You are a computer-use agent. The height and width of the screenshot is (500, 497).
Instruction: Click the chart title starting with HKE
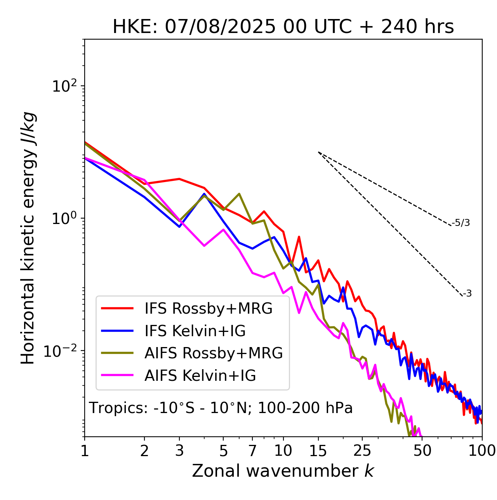pyautogui.click(x=283, y=27)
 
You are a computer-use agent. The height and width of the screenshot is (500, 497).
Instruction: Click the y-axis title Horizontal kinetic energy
pyautogui.click(x=28, y=238)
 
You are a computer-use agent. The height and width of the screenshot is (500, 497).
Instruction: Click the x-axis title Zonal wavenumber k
pyautogui.click(x=283, y=470)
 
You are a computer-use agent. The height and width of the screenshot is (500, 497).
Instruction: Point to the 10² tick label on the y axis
pyautogui.click(x=64, y=86)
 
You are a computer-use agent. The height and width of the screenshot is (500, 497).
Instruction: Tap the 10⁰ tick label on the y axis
pyautogui.click(x=64, y=219)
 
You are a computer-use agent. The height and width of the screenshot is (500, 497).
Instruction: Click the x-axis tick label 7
pyautogui.click(x=252, y=451)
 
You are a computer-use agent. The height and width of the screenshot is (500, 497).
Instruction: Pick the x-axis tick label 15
pyautogui.click(x=318, y=451)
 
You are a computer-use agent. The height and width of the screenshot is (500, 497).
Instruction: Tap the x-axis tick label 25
pyautogui.click(x=362, y=451)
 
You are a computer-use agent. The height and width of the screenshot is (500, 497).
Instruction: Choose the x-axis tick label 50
pyautogui.click(x=422, y=451)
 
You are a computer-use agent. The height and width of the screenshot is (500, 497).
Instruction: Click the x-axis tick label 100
pyautogui.click(x=481, y=451)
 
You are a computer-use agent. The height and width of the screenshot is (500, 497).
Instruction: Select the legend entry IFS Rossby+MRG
pyautogui.click(x=209, y=309)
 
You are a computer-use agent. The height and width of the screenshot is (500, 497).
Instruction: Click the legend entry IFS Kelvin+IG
pyautogui.click(x=195, y=331)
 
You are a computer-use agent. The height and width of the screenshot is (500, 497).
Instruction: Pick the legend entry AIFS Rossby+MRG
pyautogui.click(x=214, y=353)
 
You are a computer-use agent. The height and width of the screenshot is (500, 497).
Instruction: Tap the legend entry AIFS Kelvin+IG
pyautogui.click(x=200, y=376)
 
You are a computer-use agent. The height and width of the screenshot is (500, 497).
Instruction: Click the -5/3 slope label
pyautogui.click(x=461, y=223)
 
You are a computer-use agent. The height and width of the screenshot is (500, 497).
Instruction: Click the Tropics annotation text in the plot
pyautogui.click(x=221, y=408)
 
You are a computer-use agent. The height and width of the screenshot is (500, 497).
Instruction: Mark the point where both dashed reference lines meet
pyautogui.click(x=318, y=152)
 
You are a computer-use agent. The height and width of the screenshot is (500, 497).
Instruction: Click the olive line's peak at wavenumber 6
pyautogui.click(x=239, y=194)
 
